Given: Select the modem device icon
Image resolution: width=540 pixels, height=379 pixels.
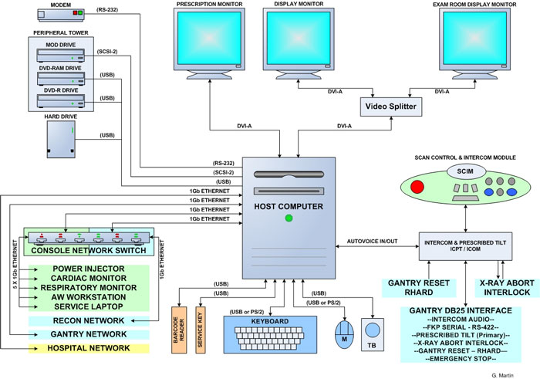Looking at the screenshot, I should point(62,14).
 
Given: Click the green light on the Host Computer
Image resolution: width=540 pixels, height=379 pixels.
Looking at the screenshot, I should point(288,218).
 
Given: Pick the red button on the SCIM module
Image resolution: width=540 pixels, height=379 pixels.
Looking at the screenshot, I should point(417,186).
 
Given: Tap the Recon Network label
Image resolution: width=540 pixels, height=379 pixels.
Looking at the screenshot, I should point(73,320).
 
